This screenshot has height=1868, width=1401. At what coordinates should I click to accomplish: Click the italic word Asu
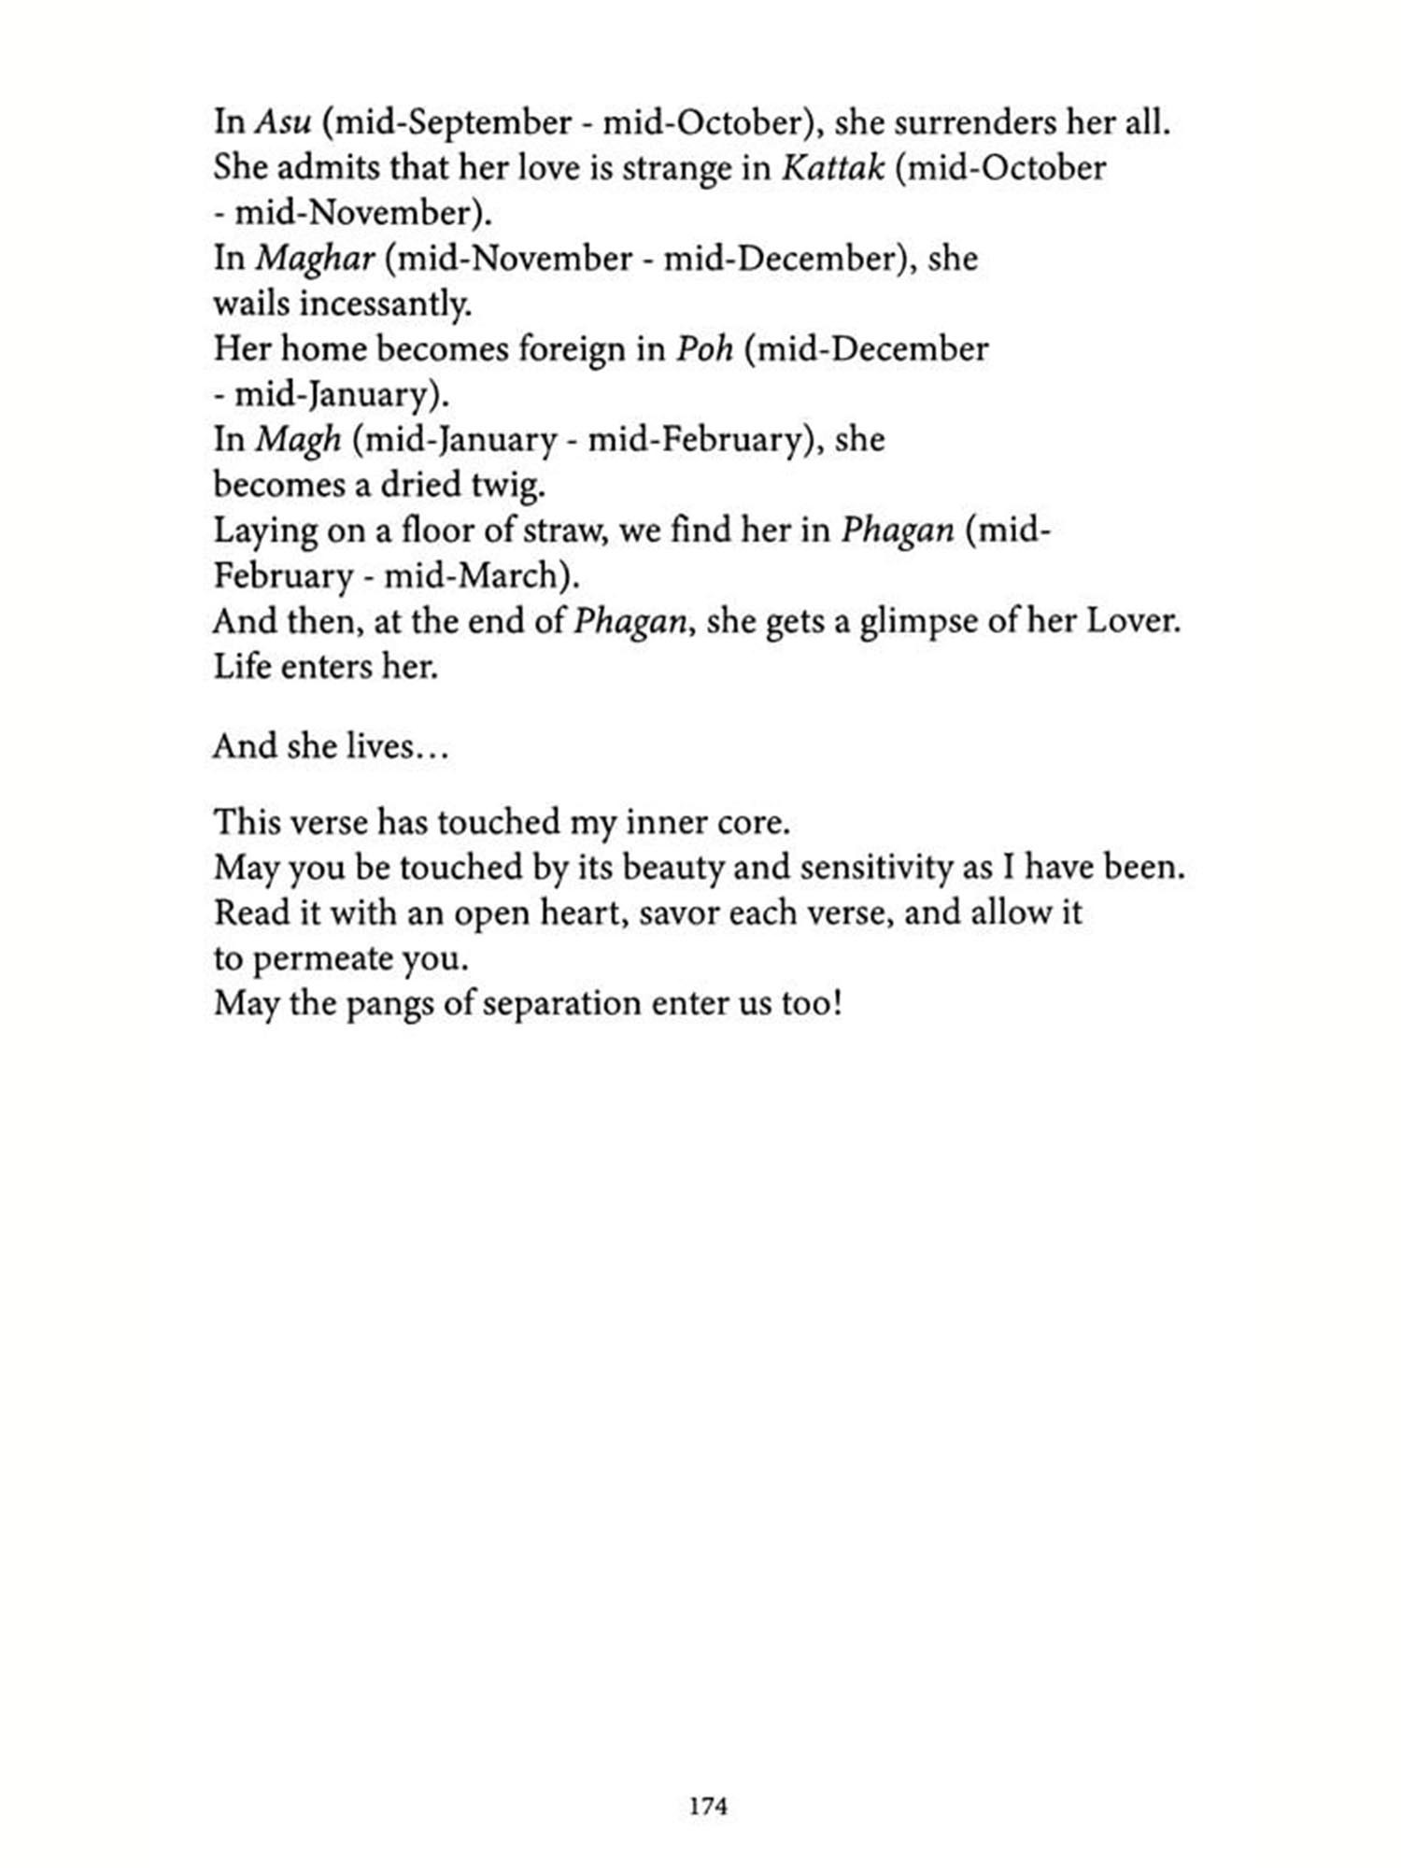coord(282,122)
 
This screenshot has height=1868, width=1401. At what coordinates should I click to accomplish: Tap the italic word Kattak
coord(832,168)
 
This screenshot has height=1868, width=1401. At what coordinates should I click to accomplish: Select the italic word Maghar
coord(315,259)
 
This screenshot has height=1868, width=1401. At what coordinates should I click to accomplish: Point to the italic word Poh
coord(704,349)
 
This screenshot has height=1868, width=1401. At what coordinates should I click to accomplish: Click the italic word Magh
coord(298,440)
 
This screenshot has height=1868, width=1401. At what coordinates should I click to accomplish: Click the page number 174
coord(707,1806)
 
